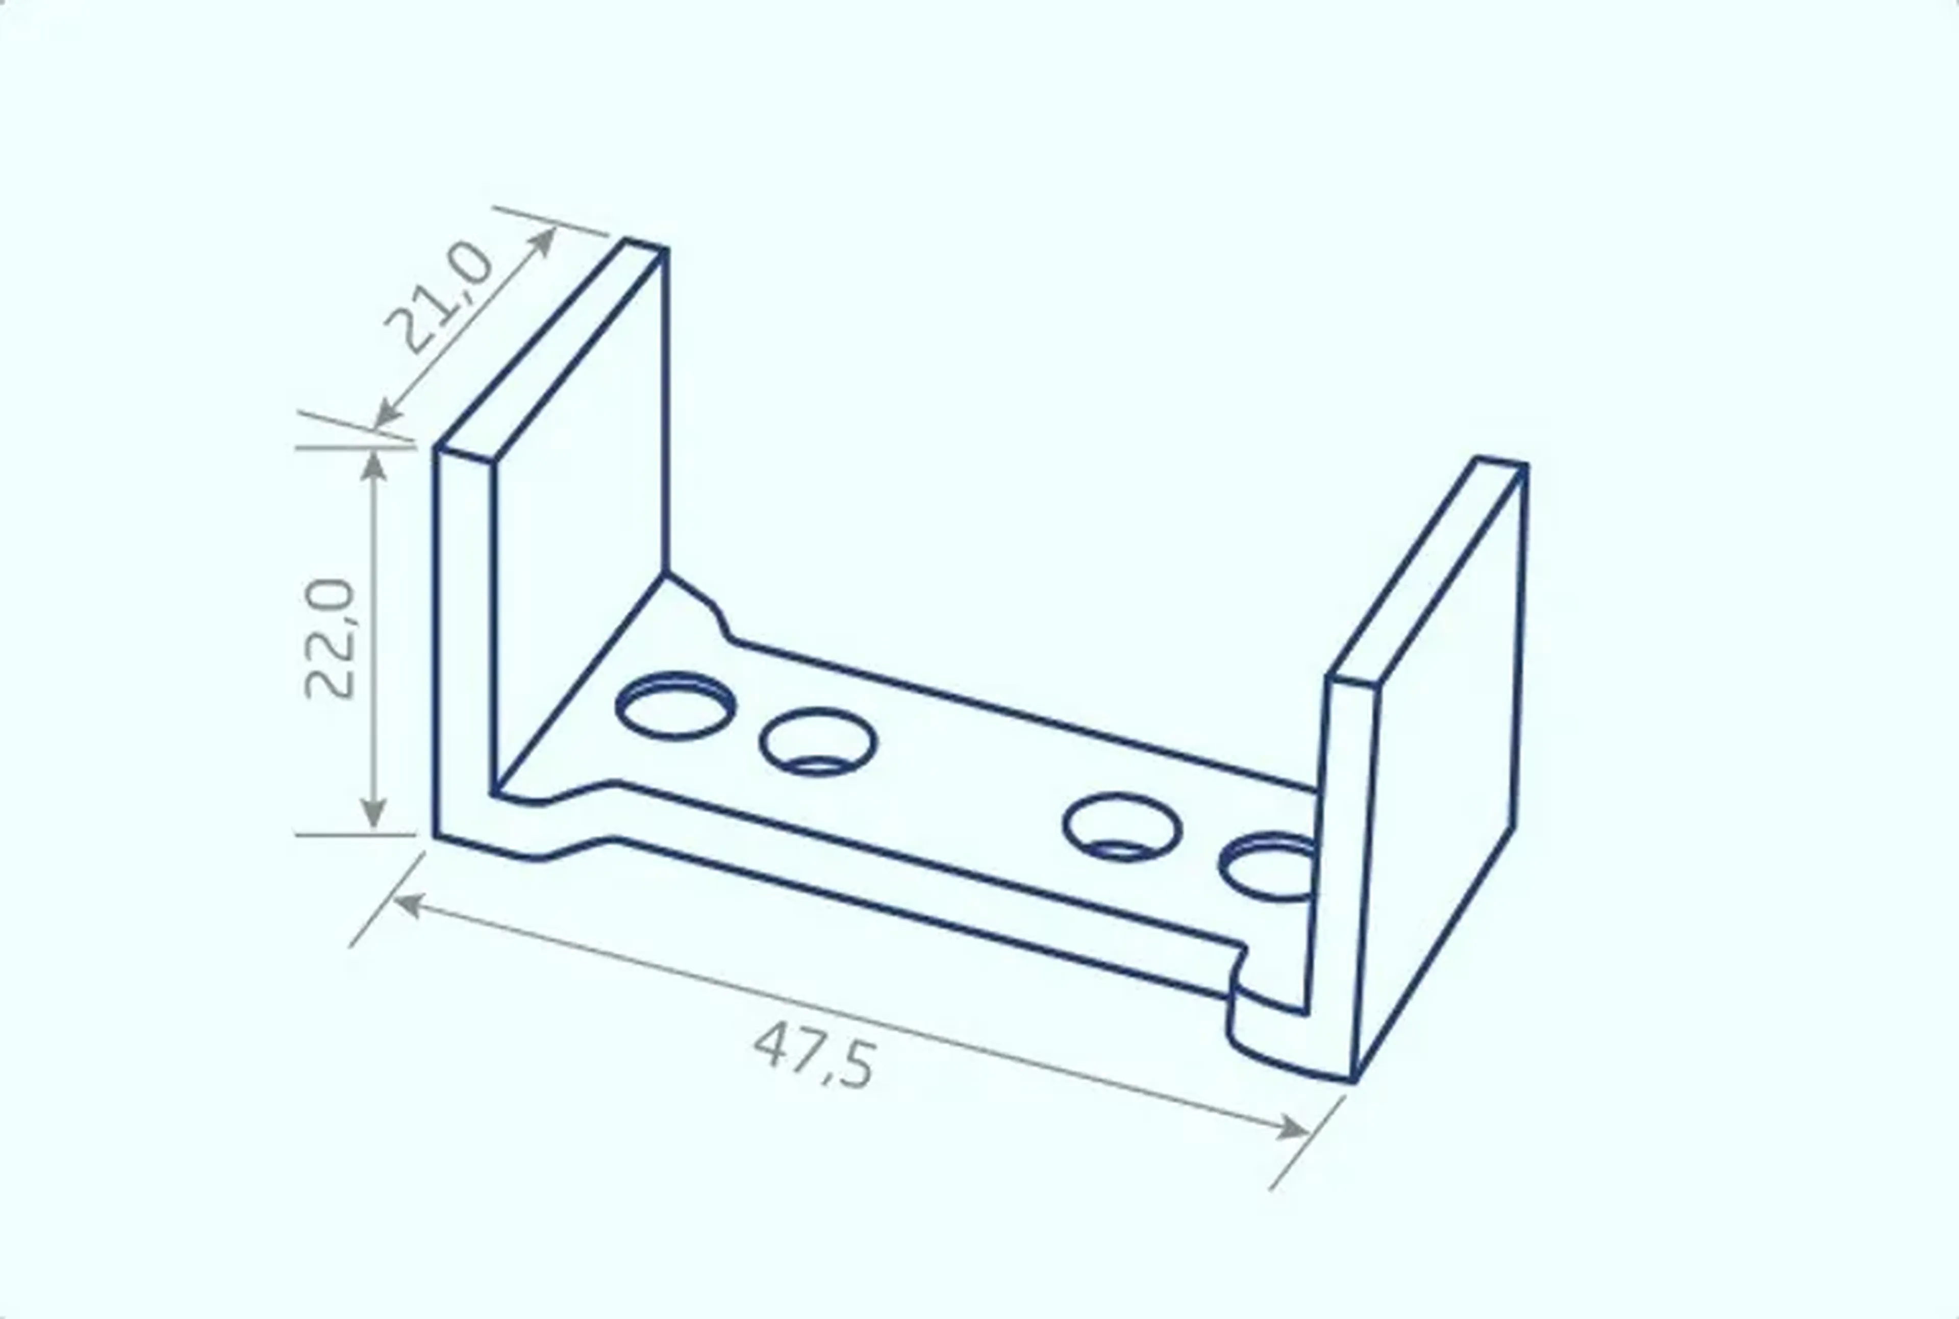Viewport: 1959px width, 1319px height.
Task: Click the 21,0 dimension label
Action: pyautogui.click(x=439, y=295)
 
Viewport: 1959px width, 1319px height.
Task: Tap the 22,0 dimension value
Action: pyautogui.click(x=330, y=639)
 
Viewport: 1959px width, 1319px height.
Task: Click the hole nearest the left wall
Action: pyautogui.click(x=675, y=706)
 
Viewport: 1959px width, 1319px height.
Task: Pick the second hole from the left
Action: pyautogui.click(x=818, y=742)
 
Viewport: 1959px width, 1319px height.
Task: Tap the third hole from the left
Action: pyautogui.click(x=1122, y=828)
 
